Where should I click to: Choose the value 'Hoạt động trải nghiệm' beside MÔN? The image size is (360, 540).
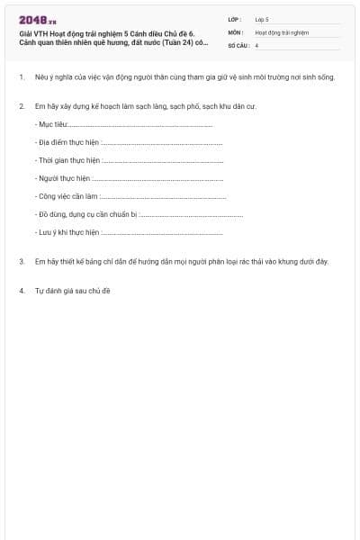282,31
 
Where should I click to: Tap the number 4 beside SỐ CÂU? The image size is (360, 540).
256,45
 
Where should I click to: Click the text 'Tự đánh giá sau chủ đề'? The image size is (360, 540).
72,291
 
